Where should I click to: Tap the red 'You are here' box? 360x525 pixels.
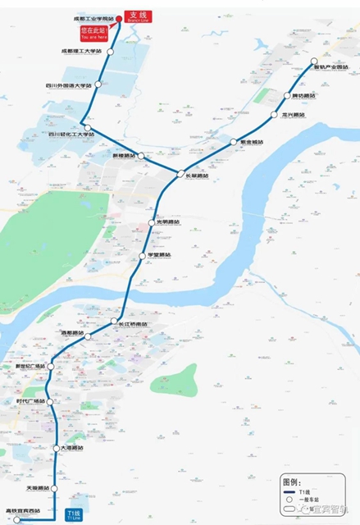(92, 34)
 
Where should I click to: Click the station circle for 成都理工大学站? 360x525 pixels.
(109, 51)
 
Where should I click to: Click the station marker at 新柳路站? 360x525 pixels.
(140, 155)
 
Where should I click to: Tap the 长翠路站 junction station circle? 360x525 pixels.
(180, 173)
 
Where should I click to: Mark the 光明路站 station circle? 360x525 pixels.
(150, 222)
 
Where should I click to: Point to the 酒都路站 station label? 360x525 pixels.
(72, 333)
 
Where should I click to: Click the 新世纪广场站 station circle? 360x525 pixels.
(51, 366)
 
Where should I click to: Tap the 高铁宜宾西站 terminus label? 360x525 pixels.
(25, 511)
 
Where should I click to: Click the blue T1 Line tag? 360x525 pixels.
(72, 514)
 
